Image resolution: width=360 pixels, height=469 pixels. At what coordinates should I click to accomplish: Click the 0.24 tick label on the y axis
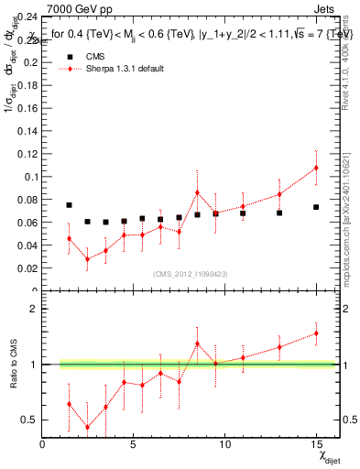coord(27,16)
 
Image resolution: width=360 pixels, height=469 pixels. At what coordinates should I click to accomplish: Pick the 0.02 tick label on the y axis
coord(27,268)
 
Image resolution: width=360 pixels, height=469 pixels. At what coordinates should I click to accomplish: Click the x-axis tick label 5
coord(134,445)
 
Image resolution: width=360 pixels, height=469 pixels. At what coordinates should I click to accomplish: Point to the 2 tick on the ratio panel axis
coord(34,309)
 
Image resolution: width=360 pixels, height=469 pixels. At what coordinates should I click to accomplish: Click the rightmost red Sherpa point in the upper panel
coord(316,168)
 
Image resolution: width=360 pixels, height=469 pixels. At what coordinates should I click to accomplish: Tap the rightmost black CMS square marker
coord(316,207)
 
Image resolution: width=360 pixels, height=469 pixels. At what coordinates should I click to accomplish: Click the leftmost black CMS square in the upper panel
coord(69,205)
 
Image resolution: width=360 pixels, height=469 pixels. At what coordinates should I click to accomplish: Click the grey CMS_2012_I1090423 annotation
coord(190,274)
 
